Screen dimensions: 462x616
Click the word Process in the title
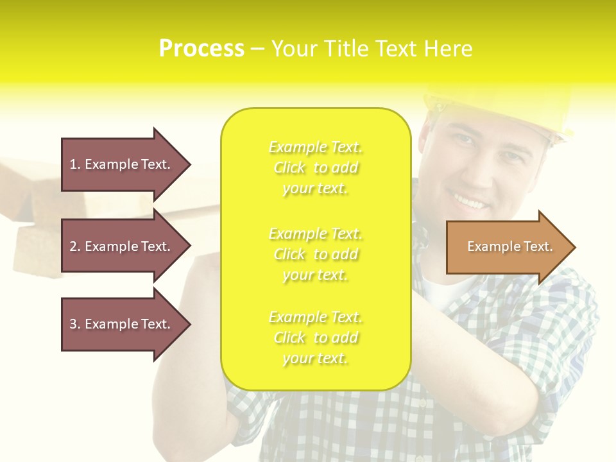point(201,48)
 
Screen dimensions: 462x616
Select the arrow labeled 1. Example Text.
point(121,164)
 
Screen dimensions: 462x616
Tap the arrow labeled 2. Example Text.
point(121,246)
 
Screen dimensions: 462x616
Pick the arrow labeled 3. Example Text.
point(121,324)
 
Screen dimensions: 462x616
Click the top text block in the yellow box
point(315,167)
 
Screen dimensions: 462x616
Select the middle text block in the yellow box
point(315,254)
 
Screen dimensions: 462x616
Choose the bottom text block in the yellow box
point(315,338)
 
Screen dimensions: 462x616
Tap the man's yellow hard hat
point(507,109)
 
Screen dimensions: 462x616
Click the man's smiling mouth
point(470,203)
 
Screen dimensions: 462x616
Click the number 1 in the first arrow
point(74,164)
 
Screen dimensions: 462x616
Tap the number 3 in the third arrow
point(74,324)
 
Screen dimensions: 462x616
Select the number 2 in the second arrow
point(74,246)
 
